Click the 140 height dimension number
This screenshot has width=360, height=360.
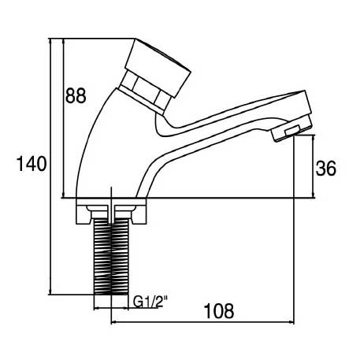pyautogui.click(x=32, y=163)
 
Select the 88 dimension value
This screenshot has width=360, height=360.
pyautogui.click(x=76, y=95)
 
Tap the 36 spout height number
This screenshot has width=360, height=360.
pyautogui.click(x=326, y=169)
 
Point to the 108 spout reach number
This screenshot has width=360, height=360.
pyautogui.click(x=219, y=311)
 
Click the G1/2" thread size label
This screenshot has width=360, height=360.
pyautogui.click(x=150, y=302)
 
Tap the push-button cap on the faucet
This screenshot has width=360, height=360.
pyautogui.click(x=158, y=67)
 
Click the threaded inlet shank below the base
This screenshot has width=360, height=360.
pyautogui.click(x=111, y=256)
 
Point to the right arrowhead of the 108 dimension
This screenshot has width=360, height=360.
pyautogui.click(x=291, y=322)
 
